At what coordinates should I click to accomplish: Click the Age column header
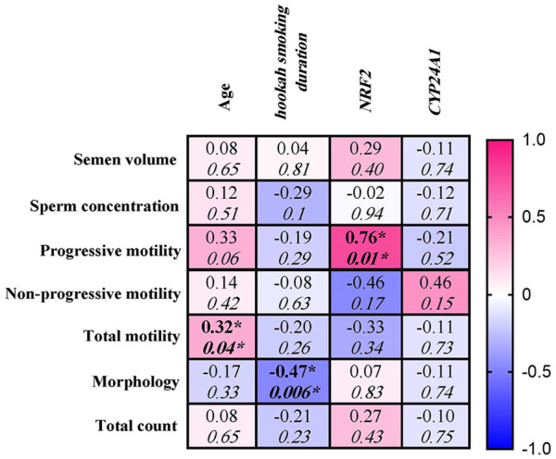click(225, 96)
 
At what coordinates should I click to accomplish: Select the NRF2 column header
click(366, 93)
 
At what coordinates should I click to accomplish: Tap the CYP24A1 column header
click(435, 83)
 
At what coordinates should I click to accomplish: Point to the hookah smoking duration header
click(291, 62)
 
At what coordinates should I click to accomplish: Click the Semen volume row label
click(125, 160)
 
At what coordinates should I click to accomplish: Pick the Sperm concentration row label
click(104, 205)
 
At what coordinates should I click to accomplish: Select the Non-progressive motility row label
click(93, 294)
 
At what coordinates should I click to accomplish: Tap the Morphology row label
click(135, 382)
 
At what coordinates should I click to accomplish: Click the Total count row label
click(136, 426)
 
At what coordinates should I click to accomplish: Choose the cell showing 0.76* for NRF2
click(366, 248)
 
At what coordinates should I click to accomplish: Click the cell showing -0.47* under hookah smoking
click(293, 382)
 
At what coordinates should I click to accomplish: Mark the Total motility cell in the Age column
click(221, 337)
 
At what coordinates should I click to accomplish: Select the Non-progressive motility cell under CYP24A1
click(436, 292)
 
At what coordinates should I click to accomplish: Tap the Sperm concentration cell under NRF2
click(366, 204)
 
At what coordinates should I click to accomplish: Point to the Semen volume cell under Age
click(221, 158)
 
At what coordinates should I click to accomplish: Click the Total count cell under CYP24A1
click(436, 427)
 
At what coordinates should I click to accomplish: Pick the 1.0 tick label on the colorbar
click(534, 140)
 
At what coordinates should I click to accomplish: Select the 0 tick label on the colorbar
click(527, 294)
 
